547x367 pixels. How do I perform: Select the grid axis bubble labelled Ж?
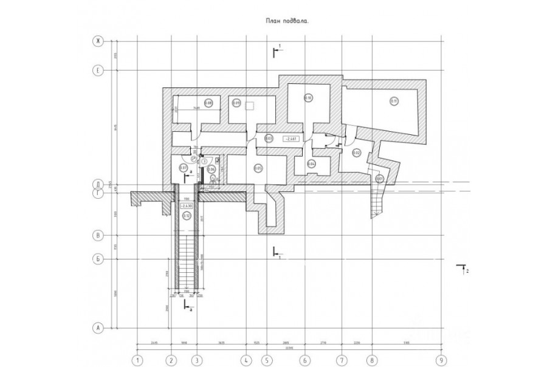96,41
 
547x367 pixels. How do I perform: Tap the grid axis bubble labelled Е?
96,70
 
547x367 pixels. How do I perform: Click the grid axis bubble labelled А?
96,328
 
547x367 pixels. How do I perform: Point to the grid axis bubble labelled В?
96,235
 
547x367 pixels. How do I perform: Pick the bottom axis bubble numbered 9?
442,359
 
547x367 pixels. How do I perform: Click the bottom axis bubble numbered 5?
266,359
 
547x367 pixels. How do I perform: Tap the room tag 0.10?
308,98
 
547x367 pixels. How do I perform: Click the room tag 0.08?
208,103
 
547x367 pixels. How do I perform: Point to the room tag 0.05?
258,168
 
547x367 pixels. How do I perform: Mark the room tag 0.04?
311,163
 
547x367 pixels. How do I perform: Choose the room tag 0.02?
357,152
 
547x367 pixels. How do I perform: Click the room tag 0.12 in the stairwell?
187,215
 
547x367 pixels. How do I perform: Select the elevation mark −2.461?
290,139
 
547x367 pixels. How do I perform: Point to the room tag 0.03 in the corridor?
269,139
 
